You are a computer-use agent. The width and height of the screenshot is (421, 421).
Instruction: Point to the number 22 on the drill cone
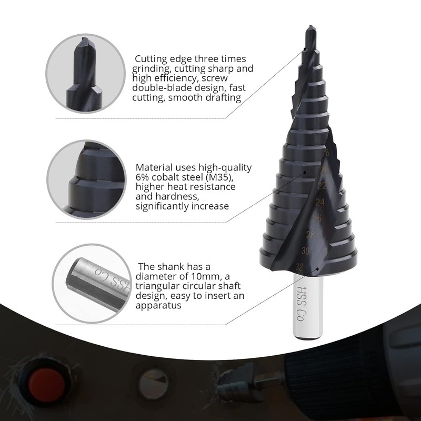321,186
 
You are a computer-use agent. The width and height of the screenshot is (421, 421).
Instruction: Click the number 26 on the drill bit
316,218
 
